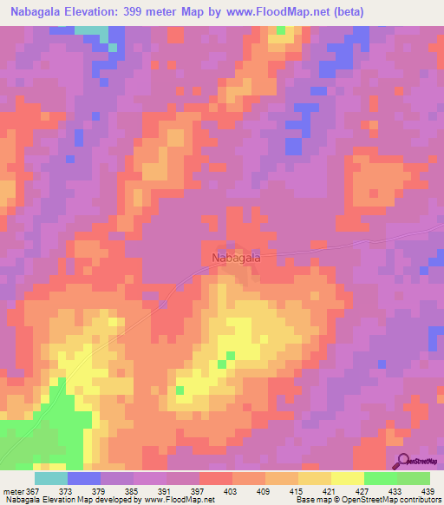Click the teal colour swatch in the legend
(50, 477)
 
